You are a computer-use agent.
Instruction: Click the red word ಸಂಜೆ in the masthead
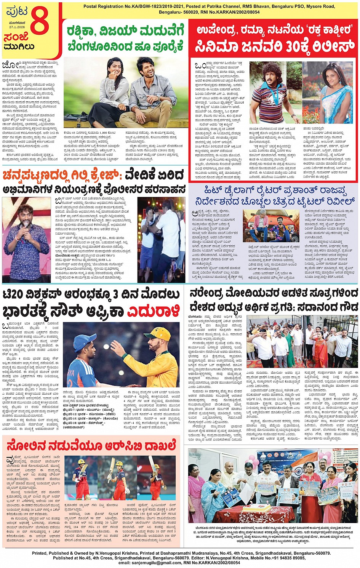[16, 37]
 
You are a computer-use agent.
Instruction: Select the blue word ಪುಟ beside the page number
[16, 11]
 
